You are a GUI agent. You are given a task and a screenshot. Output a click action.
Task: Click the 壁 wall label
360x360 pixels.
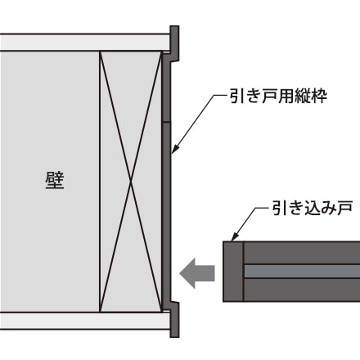point(55,181)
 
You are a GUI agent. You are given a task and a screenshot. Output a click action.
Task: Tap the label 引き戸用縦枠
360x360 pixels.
point(278,96)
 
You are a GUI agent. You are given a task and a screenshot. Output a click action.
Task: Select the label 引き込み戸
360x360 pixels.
point(313,209)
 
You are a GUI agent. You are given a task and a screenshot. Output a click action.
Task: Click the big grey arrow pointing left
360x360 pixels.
point(197,273)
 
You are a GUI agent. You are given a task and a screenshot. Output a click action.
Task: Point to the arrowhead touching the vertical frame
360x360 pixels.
point(174,149)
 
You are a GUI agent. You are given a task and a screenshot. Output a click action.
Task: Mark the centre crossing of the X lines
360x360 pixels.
point(131,182)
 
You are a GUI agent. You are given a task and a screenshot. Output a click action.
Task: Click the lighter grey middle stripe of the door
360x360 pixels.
point(302,272)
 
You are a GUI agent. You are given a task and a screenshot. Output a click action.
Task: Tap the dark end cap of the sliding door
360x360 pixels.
point(233,272)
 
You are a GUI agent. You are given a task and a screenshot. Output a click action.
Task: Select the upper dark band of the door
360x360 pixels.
point(302,253)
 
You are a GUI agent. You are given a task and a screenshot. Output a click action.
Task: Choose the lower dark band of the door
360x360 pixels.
point(302,290)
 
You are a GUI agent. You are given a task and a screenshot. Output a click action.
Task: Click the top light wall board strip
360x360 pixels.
point(85,43)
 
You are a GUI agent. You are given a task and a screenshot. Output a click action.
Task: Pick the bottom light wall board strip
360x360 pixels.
point(85,321)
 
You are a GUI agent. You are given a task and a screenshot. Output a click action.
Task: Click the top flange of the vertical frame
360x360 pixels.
point(174,43)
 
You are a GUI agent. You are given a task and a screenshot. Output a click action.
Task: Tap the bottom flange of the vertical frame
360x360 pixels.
point(174,320)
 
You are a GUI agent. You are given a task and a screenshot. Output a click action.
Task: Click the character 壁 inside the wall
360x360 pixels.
point(55,181)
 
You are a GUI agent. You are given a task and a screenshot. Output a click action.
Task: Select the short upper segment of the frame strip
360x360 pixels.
point(166,87)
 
